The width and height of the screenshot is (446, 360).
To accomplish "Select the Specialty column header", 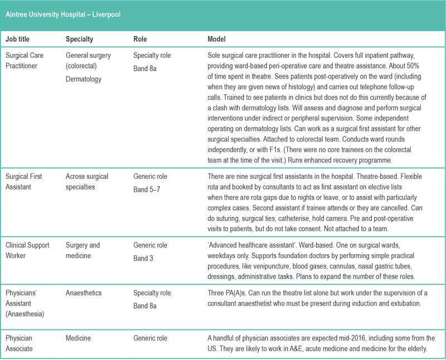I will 79,40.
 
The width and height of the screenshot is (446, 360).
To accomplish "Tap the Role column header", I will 140,40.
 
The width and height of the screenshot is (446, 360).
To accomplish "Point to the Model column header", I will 217,40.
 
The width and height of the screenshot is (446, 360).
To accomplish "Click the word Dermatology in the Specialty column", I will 84,80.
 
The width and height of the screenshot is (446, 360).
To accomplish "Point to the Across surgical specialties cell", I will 87,182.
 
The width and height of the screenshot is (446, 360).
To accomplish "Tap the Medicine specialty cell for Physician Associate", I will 79,338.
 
